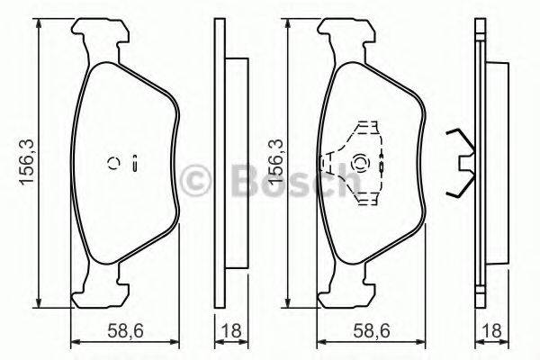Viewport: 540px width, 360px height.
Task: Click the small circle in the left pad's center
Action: [x=114, y=163]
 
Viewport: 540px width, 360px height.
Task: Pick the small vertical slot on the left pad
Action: [x=134, y=163]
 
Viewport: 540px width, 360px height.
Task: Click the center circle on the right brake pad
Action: [x=362, y=163]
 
